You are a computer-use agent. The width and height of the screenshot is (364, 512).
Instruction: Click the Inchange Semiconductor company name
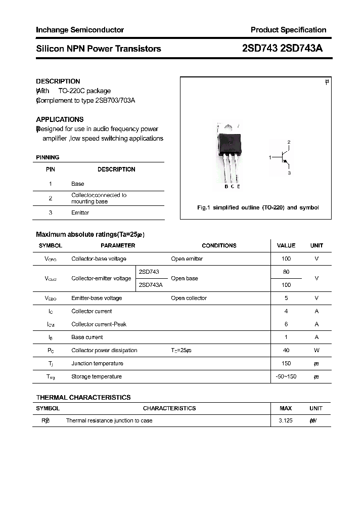(x=80, y=30)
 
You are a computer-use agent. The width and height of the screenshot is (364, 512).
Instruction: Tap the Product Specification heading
(x=288, y=30)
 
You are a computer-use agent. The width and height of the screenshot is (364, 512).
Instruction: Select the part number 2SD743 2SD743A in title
(x=282, y=49)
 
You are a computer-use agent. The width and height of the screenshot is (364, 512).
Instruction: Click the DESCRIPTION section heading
(x=58, y=81)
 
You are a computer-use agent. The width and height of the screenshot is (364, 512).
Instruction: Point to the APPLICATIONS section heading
(x=60, y=119)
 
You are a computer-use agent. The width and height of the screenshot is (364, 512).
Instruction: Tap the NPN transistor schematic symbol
(x=284, y=158)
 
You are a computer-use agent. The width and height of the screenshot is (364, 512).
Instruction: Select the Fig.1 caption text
(x=257, y=207)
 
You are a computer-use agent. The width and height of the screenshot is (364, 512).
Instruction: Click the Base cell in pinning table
(x=78, y=184)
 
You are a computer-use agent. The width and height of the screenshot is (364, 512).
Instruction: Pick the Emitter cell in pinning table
(x=80, y=212)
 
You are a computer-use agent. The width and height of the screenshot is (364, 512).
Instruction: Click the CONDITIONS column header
(x=219, y=245)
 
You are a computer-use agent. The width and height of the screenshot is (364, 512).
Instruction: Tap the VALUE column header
(x=286, y=245)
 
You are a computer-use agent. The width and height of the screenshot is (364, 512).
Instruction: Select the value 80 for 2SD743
(x=286, y=272)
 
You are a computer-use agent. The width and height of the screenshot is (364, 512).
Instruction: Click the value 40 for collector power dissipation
(x=286, y=350)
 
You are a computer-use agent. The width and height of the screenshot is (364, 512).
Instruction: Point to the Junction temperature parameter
(x=97, y=363)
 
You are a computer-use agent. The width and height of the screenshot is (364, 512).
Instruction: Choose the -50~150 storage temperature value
(x=286, y=376)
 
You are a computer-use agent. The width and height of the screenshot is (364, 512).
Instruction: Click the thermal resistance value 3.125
(x=286, y=420)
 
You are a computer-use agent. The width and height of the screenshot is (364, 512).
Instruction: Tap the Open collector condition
(x=189, y=298)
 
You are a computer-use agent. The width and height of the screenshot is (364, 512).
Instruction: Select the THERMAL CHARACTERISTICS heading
(x=83, y=397)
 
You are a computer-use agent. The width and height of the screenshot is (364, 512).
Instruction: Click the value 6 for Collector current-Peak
(x=286, y=324)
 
